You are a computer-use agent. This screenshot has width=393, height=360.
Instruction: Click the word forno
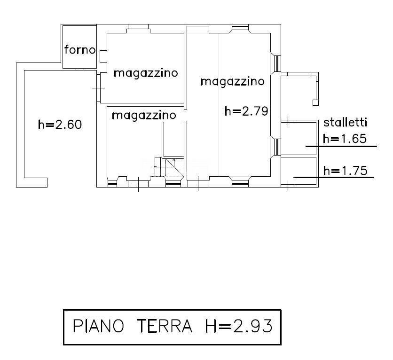coord(80,49)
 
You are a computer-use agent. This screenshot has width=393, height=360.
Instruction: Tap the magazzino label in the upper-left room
coord(146,73)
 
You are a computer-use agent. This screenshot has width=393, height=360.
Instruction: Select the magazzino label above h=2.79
coord(232,81)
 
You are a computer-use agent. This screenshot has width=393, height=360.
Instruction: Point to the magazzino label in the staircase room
coord(144,115)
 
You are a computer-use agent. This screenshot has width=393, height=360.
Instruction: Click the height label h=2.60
coord(60,125)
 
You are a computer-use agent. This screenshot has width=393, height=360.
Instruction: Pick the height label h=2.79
coord(246,111)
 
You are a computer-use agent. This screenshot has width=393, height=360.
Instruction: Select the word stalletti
coord(346,123)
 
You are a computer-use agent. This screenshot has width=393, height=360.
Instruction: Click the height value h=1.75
coord(346,171)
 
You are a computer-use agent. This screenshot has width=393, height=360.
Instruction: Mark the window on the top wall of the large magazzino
coord(240,27)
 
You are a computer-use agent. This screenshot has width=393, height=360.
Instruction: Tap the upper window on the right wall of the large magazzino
coord(277,63)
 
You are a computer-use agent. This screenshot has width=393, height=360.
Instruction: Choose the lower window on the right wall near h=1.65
coord(277,146)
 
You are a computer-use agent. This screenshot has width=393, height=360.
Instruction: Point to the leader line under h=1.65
coord(341,146)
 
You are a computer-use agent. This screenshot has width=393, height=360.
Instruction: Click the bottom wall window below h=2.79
coord(240,182)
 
